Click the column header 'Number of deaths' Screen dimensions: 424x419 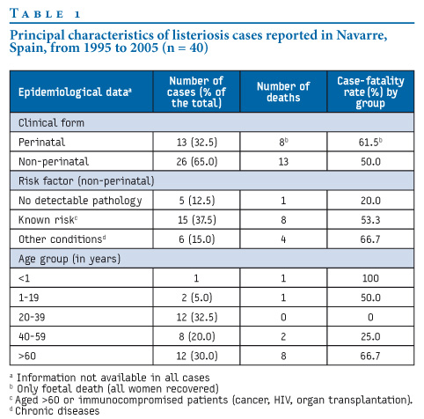(283, 92)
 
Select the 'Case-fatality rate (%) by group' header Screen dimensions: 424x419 (370, 92)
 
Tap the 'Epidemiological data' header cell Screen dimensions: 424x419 (75, 92)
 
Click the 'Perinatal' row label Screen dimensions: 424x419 (41, 142)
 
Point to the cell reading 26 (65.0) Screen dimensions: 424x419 (197, 161)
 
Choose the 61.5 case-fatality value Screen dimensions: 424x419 (370, 142)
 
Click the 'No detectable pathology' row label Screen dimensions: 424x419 (80, 201)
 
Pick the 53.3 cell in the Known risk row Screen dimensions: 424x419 (370, 220)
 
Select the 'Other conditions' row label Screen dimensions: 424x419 (62, 239)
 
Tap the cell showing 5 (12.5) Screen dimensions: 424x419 (197, 201)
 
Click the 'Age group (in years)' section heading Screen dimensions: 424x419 (69, 259)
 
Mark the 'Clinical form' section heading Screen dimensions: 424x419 (51, 122)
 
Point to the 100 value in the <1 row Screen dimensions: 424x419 (370, 278)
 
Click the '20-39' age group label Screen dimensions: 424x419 (32, 317)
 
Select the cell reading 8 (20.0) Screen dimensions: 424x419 (197, 336)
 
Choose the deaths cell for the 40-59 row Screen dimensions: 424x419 (283, 336)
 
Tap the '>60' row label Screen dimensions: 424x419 (27, 356)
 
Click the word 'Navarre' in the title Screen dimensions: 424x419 (362, 35)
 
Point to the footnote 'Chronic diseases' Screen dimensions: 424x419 (57, 411)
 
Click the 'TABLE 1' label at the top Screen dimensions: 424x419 (45, 13)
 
